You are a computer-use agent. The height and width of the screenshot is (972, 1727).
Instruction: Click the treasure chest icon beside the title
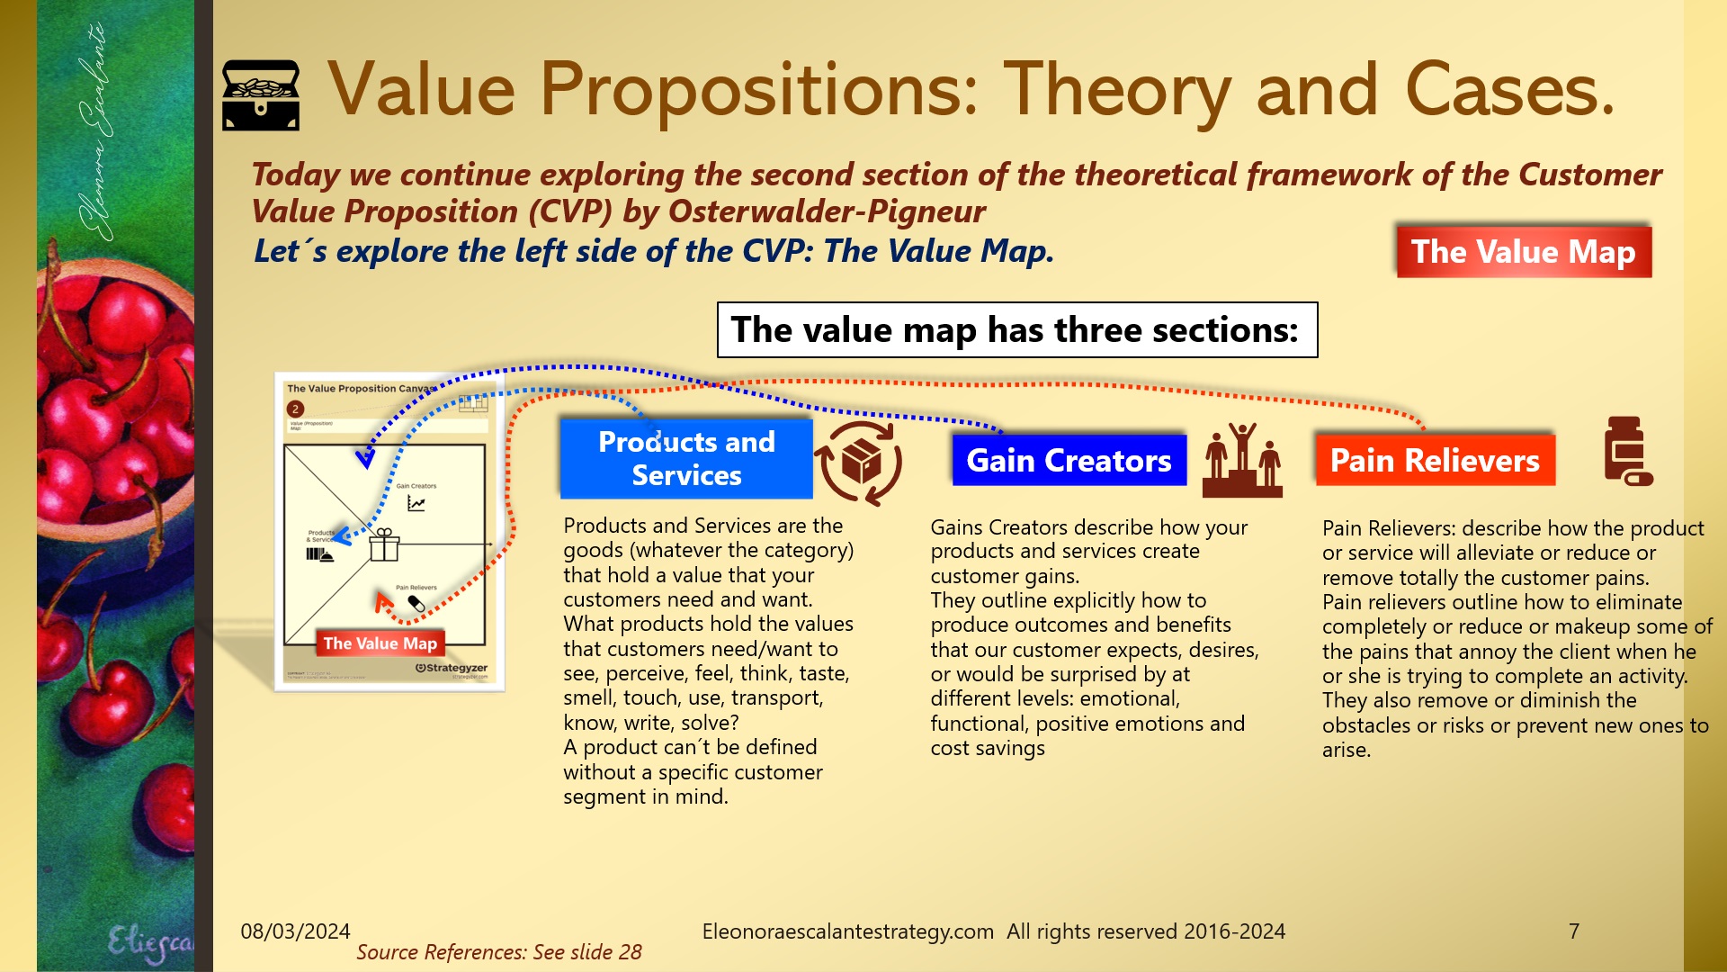click(x=261, y=95)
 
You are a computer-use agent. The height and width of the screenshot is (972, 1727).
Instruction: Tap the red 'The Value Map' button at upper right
click(x=1523, y=252)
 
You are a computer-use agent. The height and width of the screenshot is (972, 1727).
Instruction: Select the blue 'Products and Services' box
click(x=686, y=458)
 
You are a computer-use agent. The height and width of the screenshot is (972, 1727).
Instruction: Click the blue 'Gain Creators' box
click(x=1069, y=461)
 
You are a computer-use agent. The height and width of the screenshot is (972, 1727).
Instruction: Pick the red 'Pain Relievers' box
click(x=1435, y=461)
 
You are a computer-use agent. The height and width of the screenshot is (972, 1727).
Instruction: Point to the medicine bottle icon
click(x=1627, y=451)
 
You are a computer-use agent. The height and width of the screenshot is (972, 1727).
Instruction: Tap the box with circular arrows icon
click(x=859, y=463)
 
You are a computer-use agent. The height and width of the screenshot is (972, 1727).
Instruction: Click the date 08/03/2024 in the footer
click(x=295, y=931)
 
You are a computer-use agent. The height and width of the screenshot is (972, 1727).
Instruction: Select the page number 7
click(x=1573, y=931)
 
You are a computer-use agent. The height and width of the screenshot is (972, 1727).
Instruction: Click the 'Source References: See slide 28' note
click(x=499, y=952)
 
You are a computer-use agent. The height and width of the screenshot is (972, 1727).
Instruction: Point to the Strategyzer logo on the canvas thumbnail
click(x=452, y=668)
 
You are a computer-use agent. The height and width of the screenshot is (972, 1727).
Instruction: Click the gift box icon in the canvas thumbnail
click(x=384, y=544)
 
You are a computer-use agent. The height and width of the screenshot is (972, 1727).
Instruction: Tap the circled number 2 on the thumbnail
click(x=295, y=409)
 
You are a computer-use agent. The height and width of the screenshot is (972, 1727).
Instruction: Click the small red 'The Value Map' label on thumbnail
click(x=380, y=643)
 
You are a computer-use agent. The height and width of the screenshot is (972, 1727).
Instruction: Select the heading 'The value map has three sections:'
click(x=1016, y=330)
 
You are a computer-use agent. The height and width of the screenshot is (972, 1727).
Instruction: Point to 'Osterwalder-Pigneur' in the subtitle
click(x=827, y=211)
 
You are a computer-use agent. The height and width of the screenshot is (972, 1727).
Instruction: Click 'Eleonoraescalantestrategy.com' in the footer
click(x=847, y=931)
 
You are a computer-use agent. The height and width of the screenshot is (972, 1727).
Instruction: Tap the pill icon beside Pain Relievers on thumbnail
click(x=416, y=603)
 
